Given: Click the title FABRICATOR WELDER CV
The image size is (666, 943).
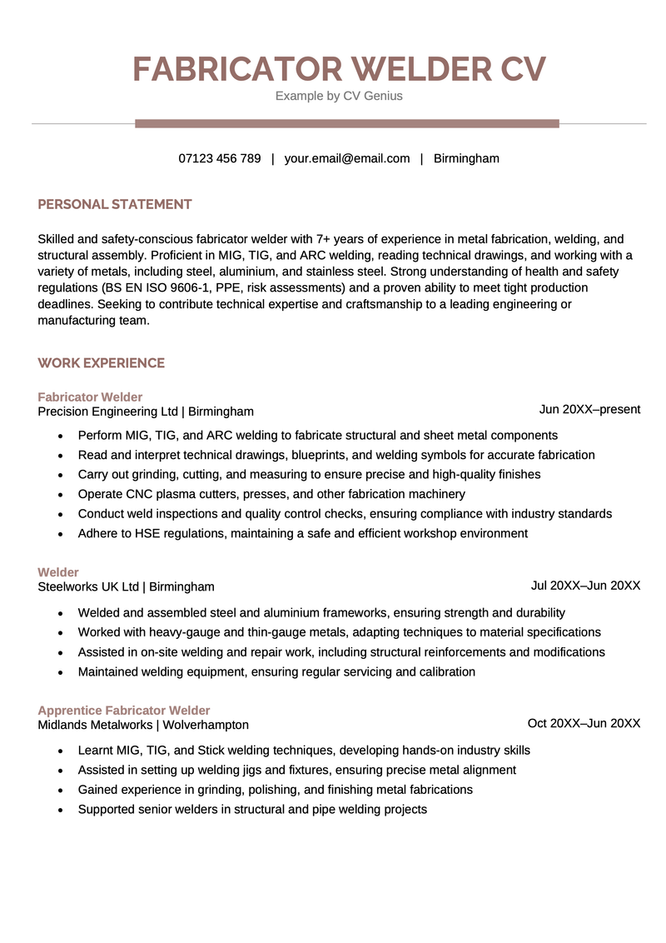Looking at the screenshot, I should click(339, 69).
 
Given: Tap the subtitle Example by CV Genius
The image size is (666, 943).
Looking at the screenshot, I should click(339, 96).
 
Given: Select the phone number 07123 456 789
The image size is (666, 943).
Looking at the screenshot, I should click(220, 158).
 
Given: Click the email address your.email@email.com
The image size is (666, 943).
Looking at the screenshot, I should click(347, 158).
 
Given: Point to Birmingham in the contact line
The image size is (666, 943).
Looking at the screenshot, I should click(466, 158).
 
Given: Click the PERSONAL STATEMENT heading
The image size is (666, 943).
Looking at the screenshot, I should click(115, 204).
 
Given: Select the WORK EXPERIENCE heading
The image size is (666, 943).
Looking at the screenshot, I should click(102, 363).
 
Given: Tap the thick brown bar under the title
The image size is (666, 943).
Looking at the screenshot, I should click(346, 123).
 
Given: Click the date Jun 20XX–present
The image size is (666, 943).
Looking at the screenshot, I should click(589, 409).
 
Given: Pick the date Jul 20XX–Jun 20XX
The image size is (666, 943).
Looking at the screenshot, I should click(585, 586).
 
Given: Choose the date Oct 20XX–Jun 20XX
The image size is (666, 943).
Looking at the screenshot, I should click(584, 723).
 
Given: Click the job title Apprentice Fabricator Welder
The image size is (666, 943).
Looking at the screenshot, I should click(124, 711).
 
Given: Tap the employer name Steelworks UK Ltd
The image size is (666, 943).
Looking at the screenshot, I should click(88, 586).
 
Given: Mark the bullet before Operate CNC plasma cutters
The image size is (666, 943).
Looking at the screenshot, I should click(61, 495).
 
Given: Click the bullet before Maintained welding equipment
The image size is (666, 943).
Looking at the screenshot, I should click(61, 672).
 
